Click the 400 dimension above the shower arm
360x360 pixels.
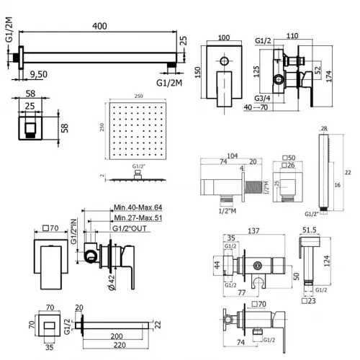[100, 27]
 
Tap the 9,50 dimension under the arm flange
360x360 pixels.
[39, 73]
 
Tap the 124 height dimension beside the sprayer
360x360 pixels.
[336, 264]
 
